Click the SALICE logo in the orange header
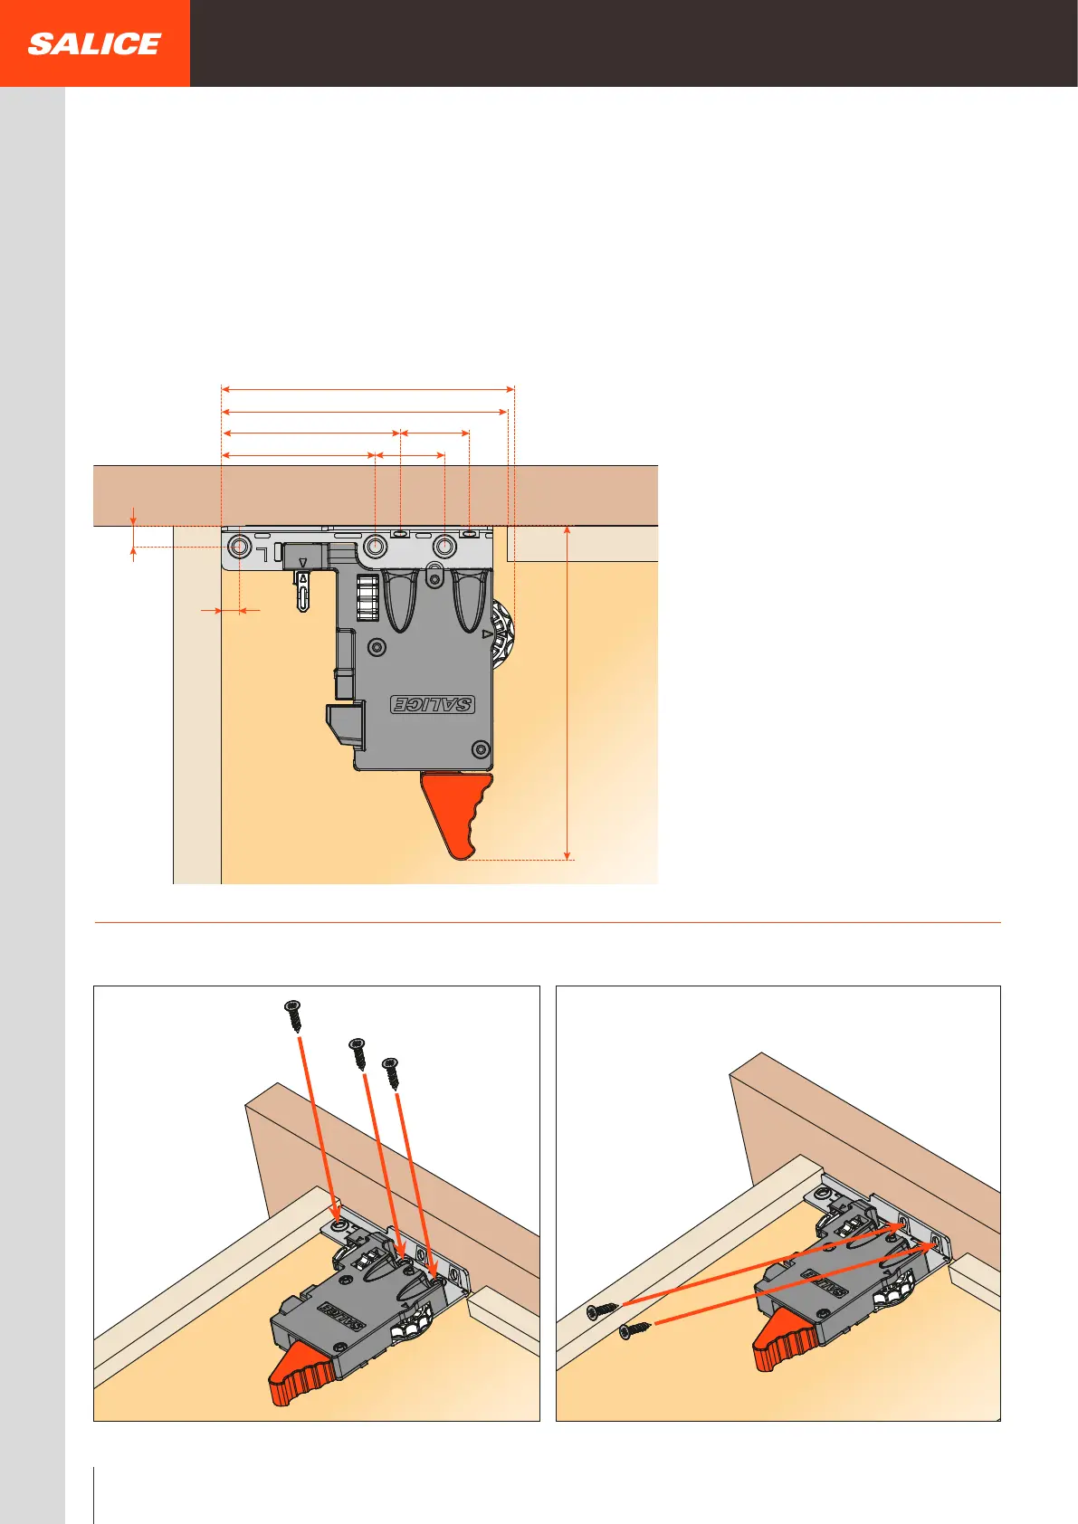94,43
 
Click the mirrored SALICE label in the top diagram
433,704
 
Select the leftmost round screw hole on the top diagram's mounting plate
240,547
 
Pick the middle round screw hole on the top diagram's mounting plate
376,547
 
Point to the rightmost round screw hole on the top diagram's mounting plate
444,547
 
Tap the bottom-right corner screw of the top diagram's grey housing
482,749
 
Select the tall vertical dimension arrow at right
568,692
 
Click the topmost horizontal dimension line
367,389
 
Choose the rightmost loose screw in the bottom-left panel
392,1072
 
